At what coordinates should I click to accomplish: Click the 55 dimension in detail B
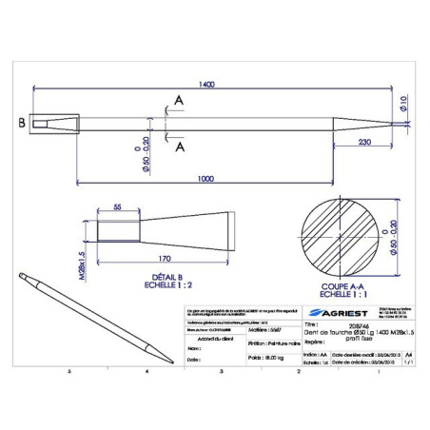118,206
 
